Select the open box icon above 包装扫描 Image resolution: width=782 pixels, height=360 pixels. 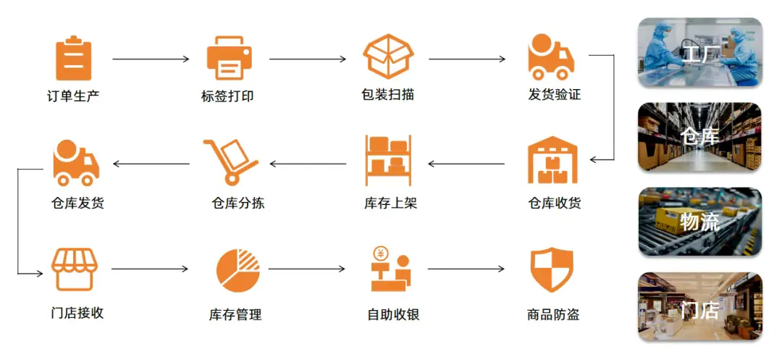click(x=387, y=56)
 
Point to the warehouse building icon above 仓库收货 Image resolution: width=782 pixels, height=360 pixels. click(x=554, y=160)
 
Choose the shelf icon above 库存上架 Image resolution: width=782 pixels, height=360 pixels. click(x=389, y=160)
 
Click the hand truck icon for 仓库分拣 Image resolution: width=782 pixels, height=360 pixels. click(x=230, y=161)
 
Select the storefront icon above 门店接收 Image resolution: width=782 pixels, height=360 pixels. click(x=75, y=270)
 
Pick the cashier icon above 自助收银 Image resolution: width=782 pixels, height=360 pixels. click(x=390, y=269)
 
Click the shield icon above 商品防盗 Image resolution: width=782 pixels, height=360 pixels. click(x=552, y=270)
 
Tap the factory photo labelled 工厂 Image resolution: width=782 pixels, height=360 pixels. click(x=700, y=52)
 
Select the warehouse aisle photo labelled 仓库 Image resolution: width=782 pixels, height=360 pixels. click(x=700, y=137)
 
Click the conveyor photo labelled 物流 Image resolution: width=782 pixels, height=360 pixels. click(x=700, y=222)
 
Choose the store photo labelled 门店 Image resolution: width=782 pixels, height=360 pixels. click(x=700, y=306)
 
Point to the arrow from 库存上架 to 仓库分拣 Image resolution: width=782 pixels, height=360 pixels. click(x=308, y=164)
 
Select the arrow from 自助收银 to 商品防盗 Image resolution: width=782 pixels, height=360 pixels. click(x=466, y=269)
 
